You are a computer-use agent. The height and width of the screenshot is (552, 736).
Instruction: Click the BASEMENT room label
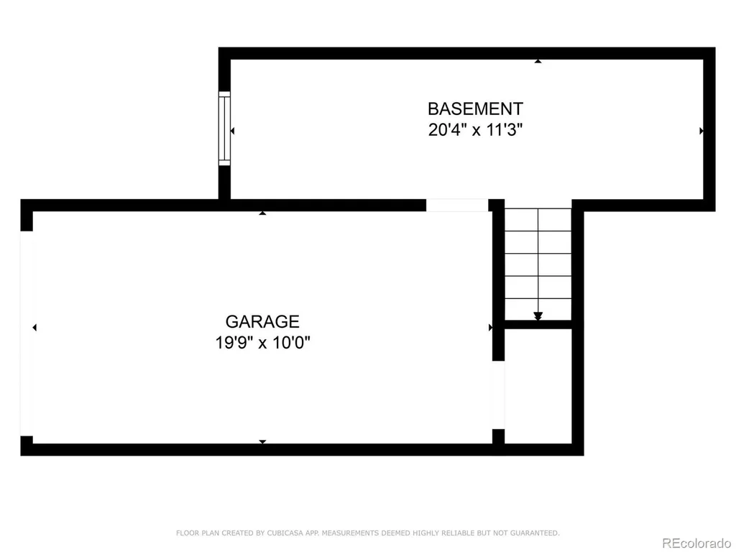475,109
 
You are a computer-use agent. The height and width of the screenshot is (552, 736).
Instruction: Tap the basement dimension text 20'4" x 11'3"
475,129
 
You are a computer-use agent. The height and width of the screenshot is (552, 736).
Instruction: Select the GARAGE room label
262,321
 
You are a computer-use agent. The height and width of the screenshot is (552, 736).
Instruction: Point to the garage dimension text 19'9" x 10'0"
262,342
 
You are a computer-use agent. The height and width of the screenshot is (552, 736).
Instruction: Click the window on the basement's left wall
225,128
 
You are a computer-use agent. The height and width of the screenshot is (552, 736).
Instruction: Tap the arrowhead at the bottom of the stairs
538,316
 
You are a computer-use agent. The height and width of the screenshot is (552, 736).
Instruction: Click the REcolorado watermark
696,543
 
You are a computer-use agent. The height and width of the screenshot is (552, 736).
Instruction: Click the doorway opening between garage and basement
457,205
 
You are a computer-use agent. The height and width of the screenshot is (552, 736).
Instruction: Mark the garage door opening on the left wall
27,333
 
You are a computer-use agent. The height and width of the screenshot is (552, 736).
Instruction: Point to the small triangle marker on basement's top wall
538,61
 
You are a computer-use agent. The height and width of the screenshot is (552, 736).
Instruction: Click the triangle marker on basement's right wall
701,131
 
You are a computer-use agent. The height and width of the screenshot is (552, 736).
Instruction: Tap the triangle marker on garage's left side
34,327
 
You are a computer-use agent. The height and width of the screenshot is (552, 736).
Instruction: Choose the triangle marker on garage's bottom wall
262,442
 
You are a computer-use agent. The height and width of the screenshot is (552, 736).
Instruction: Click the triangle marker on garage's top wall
262,213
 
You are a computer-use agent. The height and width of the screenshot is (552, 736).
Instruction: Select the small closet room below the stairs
538,386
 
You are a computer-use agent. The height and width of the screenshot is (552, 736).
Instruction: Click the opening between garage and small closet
499,395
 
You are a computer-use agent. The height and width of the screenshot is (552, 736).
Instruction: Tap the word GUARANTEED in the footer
534,533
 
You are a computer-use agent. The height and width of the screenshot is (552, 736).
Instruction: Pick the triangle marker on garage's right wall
490,327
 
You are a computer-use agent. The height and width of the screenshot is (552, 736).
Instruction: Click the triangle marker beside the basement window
232,131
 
